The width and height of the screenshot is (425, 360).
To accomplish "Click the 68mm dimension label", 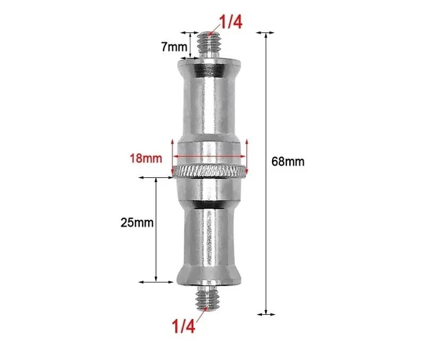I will [288, 161].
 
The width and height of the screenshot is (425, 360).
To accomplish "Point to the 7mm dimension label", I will [174, 47].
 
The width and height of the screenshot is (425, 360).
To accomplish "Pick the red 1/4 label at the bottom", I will [182, 326].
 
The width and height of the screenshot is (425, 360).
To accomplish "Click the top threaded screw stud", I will [210, 46].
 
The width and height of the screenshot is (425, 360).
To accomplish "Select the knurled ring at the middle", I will [210, 172].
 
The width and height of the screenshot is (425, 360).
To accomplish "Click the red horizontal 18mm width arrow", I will [210, 157].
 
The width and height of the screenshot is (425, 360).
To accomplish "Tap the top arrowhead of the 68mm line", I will [267, 34].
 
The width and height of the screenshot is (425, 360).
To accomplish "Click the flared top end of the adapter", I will [210, 70].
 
